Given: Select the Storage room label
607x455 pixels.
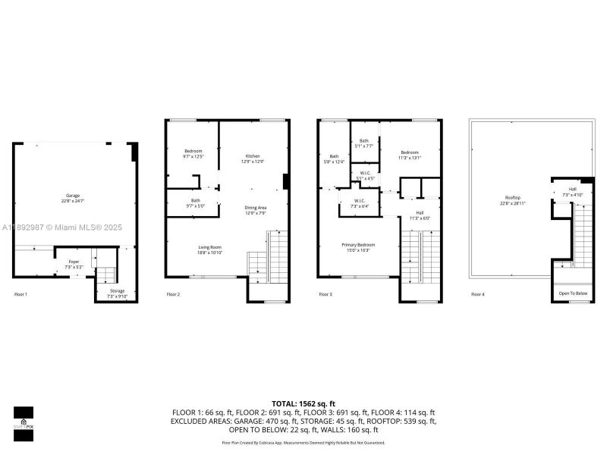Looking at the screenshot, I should pyautogui.click(x=116, y=293).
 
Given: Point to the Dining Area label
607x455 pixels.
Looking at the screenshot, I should pyautogui.click(x=255, y=210).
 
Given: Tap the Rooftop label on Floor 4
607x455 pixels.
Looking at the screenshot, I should pyautogui.click(x=514, y=201).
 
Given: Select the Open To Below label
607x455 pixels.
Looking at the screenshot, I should pyautogui.click(x=573, y=293).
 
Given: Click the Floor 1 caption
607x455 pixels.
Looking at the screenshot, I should pyautogui.click(x=20, y=293).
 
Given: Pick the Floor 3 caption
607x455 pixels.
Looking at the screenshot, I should pyautogui.click(x=325, y=293).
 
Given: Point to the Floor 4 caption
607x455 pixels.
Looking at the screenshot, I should pyautogui.click(x=477, y=293).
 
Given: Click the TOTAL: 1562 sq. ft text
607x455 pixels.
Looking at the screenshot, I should pyautogui.click(x=303, y=403).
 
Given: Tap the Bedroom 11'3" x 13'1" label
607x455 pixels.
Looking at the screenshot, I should pyautogui.click(x=409, y=155).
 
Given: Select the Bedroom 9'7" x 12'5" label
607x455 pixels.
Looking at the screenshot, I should pyautogui.click(x=193, y=154).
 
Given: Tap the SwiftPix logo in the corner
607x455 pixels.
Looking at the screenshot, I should pyautogui.click(x=23, y=417).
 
